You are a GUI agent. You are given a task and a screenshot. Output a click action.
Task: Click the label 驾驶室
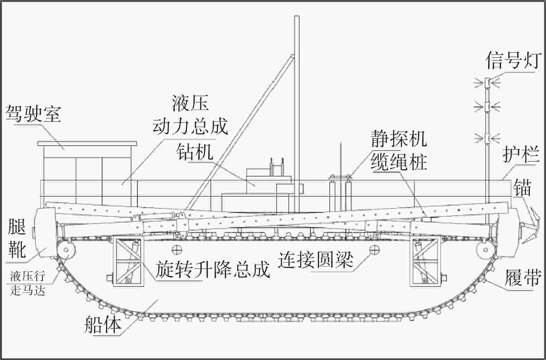pyautogui.click(x=33, y=114)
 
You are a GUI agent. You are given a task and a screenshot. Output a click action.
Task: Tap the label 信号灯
pyautogui.click(x=513, y=60)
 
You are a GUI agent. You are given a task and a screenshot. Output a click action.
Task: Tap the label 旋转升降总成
pyautogui.click(x=212, y=269)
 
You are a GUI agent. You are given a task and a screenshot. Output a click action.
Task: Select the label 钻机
pyautogui.click(x=194, y=152)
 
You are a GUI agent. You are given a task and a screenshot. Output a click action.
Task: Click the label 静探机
pyautogui.click(x=399, y=139)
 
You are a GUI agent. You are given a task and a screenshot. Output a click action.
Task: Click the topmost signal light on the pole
pyautogui.click(x=487, y=83)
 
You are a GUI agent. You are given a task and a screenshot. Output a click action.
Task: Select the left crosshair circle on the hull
pyautogui.click(x=176, y=249)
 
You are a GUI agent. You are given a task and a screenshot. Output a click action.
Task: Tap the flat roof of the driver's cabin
pyautogui.click(x=87, y=143)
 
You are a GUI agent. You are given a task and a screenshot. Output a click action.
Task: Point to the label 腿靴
pyautogui.click(x=17, y=239)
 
